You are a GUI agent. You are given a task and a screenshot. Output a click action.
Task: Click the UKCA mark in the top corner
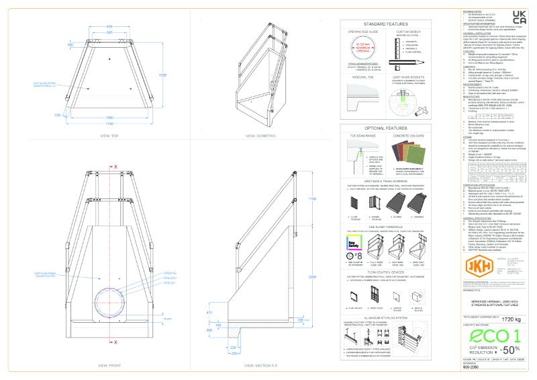(x=518, y=18)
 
